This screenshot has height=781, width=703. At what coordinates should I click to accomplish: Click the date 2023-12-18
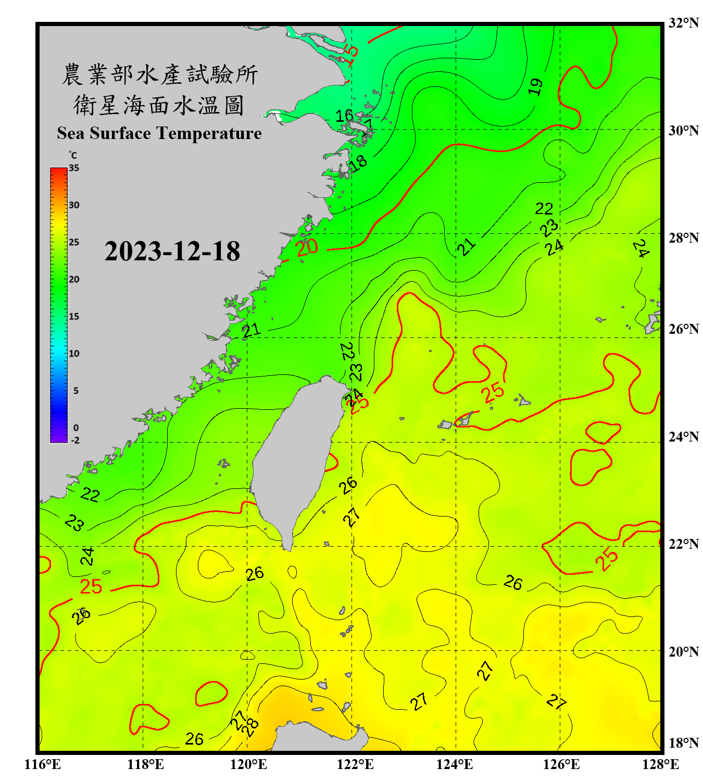[x=172, y=251]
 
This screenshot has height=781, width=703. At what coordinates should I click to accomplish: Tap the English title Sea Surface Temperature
[x=159, y=133]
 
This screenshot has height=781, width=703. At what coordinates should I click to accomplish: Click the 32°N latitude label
[x=683, y=23]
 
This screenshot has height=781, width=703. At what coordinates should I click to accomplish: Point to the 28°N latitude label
[x=683, y=238]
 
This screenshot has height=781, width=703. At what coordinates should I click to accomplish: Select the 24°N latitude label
[x=683, y=436]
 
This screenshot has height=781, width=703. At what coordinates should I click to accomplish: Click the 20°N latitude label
[x=683, y=651]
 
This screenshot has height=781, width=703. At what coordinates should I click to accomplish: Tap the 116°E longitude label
[x=43, y=764]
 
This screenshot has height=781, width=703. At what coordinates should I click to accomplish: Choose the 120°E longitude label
[x=248, y=764]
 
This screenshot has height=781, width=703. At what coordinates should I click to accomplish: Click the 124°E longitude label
[x=455, y=764]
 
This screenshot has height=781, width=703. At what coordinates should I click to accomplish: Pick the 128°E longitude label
[x=660, y=764]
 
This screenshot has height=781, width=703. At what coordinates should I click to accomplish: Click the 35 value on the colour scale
[x=74, y=168]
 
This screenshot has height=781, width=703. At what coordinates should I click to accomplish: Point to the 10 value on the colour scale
[x=74, y=354]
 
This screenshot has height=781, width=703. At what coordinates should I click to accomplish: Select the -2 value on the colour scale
[x=75, y=440]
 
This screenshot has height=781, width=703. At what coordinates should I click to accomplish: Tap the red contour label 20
[x=307, y=247]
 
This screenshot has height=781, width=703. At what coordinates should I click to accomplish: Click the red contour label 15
[x=351, y=55]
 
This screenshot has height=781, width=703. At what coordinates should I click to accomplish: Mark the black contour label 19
[x=535, y=86]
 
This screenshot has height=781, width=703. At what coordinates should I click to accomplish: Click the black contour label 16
[x=344, y=116]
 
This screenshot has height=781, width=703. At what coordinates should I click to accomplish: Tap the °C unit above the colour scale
[x=73, y=155]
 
